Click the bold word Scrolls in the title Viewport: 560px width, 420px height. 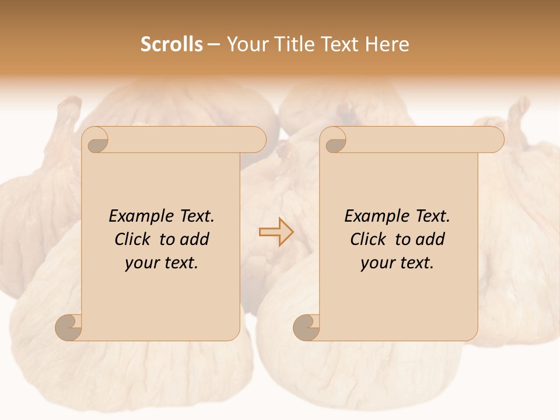click(x=171, y=44)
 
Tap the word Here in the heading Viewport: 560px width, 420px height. click(x=387, y=44)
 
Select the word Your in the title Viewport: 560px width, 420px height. click(x=244, y=44)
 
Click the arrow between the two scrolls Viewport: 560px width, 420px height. click(x=276, y=232)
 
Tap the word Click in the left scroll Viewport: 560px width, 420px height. click(x=134, y=240)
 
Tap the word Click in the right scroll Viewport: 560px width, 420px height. click(x=369, y=240)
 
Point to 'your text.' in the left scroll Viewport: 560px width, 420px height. click(x=162, y=263)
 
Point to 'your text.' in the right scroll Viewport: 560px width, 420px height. click(x=397, y=263)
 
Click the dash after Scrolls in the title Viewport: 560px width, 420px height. click(x=213, y=45)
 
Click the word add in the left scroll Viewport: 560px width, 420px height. click(x=195, y=240)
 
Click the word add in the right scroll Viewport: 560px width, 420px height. click(x=431, y=240)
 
